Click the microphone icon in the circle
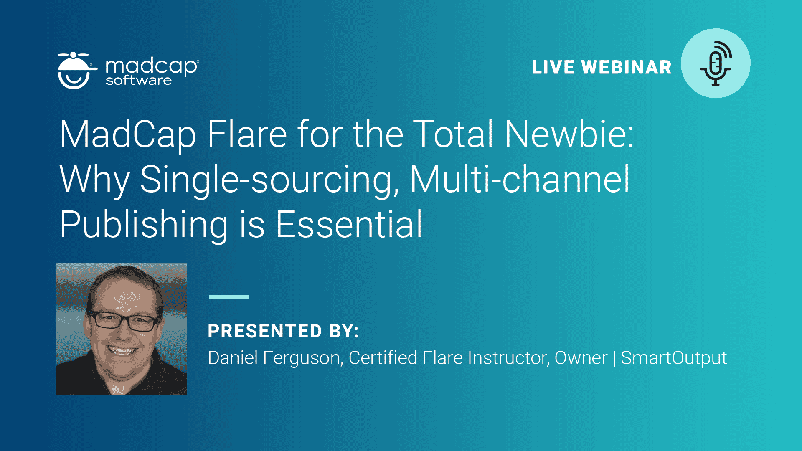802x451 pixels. pyautogui.click(x=716, y=63)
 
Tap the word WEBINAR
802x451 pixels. pyautogui.click(x=627, y=67)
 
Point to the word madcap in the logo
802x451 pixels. pyautogui.click(x=152, y=66)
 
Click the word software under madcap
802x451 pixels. pyautogui.click(x=139, y=80)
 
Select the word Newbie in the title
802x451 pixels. pyautogui.click(x=569, y=134)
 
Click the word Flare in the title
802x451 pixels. pyautogui.click(x=247, y=134)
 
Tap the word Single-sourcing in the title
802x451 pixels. pyautogui.click(x=269, y=180)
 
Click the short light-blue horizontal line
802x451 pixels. pyautogui.click(x=229, y=297)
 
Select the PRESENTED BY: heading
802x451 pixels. pyautogui.click(x=283, y=331)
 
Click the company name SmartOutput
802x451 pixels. pyautogui.click(x=674, y=358)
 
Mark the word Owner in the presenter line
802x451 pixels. pyautogui.click(x=581, y=358)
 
